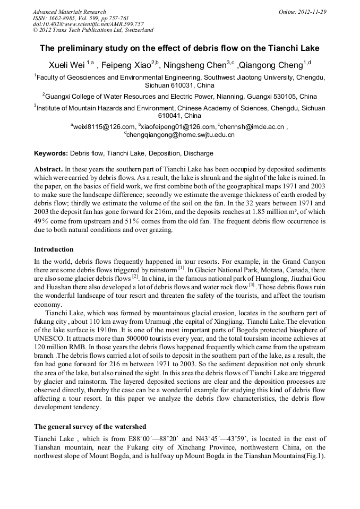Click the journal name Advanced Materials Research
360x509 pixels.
69,12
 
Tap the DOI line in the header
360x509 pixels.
88,24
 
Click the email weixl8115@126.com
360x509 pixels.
104,127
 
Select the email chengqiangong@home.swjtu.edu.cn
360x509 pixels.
181,135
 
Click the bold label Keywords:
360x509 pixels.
51,153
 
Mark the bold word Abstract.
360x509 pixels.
48,168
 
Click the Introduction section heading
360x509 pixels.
54,249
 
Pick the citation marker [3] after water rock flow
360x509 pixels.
252,284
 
